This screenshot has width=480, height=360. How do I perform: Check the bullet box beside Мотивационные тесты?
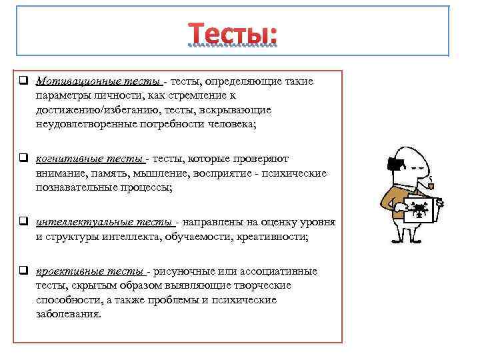[23, 81]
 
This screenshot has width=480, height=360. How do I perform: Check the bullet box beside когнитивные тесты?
[23, 159]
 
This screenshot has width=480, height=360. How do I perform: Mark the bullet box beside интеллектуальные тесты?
[23, 222]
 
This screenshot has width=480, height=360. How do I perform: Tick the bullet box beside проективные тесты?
[23, 271]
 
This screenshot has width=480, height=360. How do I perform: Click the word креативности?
[271, 237]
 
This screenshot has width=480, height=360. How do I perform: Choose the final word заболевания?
[69, 315]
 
